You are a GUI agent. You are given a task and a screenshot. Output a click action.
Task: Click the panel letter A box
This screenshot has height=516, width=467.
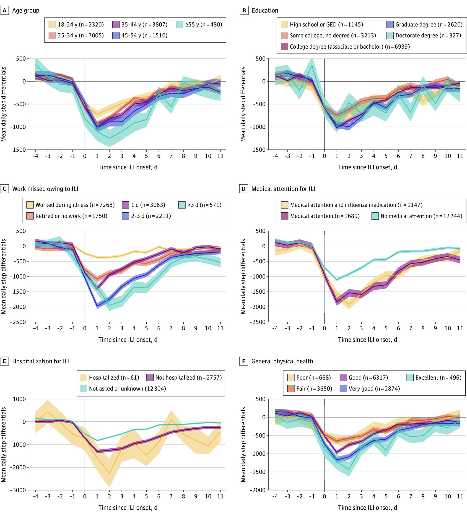tap(4, 10)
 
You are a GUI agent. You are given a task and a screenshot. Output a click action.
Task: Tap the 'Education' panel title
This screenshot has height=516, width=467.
tap(265, 10)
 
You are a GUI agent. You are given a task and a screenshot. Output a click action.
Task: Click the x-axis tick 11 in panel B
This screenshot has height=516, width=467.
tap(460, 156)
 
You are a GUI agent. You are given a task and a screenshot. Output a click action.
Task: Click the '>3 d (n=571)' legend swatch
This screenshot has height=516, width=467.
tap(182, 205)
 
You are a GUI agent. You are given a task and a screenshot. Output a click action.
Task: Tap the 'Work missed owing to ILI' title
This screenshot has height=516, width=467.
tap(45, 189)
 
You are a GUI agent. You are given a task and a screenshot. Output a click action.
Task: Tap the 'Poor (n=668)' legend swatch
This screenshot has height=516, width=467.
tap(291, 378)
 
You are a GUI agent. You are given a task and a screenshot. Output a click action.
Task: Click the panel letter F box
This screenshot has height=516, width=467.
tap(244, 361)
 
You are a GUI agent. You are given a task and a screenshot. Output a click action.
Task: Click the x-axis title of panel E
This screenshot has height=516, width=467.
tap(128, 508)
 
